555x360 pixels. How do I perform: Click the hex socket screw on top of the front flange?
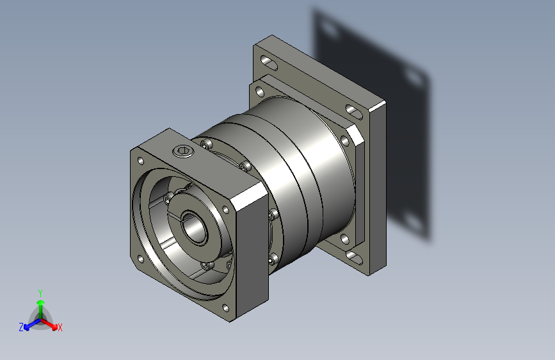point(183,151)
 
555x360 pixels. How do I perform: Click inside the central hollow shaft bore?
point(194,228)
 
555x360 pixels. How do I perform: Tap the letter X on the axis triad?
point(60,327)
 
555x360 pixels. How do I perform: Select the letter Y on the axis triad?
point(40,293)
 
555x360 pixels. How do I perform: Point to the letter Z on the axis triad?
point(21,327)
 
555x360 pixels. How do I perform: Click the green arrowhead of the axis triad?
point(41,302)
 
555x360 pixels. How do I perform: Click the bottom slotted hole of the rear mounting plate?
point(353,258)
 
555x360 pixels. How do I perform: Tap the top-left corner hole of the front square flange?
point(141,161)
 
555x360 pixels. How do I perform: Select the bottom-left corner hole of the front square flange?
point(141,259)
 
